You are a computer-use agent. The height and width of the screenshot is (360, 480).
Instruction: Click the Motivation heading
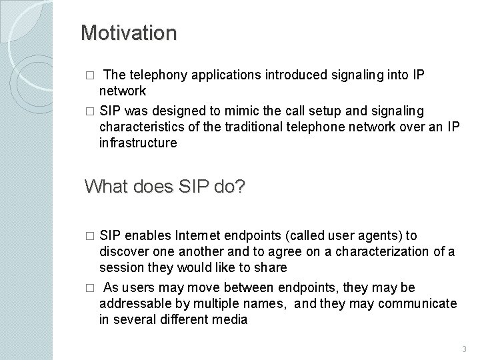129,33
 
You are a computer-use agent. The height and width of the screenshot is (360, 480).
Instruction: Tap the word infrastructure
138,143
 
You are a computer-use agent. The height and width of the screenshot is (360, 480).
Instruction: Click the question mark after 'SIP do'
239,187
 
